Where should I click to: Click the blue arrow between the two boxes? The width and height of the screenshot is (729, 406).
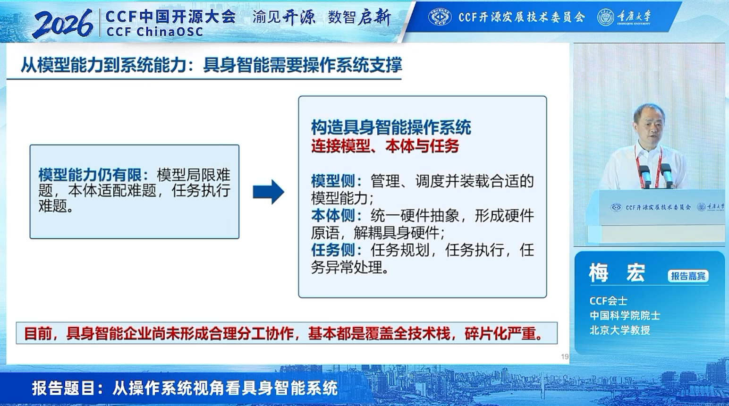(x=269, y=192)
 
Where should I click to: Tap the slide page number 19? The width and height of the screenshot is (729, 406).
(x=565, y=356)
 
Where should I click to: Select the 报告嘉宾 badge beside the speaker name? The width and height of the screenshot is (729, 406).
(x=688, y=276)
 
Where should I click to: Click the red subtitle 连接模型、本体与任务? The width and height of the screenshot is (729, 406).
(x=385, y=146)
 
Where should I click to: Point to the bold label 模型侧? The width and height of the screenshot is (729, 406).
(x=333, y=181)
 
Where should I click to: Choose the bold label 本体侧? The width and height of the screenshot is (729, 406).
(x=333, y=215)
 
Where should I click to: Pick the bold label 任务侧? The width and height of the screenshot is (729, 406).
(x=333, y=250)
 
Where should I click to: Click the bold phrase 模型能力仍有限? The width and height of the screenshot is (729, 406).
(x=90, y=175)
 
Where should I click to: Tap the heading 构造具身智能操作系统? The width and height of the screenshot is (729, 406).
(x=391, y=127)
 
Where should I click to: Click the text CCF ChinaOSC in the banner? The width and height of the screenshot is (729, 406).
(x=154, y=32)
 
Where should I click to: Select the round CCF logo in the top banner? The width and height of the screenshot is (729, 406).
(x=440, y=17)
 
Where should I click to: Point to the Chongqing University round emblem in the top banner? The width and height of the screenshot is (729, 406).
(x=606, y=17)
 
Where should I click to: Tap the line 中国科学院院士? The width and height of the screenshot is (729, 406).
(x=625, y=315)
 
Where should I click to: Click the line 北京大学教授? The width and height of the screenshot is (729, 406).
(x=620, y=330)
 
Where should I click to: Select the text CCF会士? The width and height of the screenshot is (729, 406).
(x=608, y=301)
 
